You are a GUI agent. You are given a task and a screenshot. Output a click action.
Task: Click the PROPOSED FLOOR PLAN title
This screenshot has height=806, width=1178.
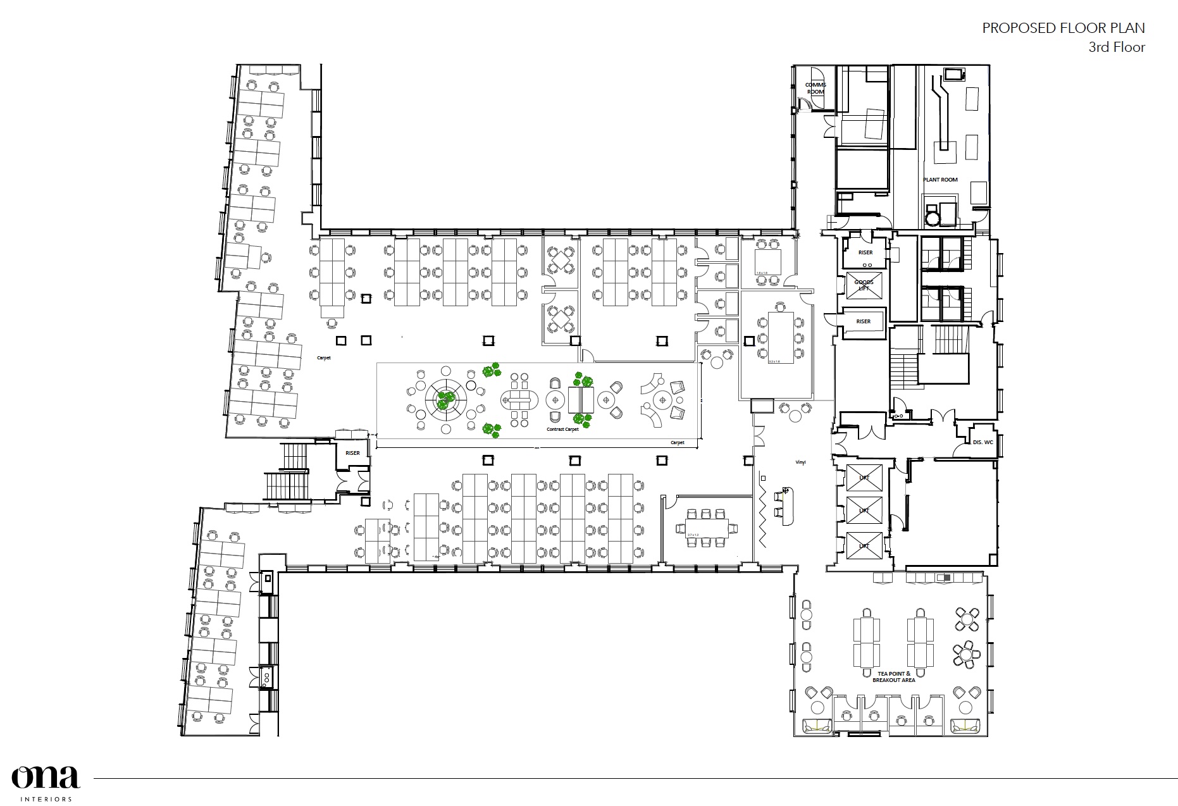pyautogui.click(x=1063, y=28)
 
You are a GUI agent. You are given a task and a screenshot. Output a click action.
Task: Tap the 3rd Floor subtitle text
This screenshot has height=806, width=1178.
pyautogui.click(x=1116, y=47)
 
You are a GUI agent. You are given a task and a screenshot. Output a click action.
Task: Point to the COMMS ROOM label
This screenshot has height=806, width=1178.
pyautogui.click(x=815, y=88)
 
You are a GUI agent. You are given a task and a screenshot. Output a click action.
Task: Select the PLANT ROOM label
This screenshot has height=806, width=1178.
pyautogui.click(x=940, y=180)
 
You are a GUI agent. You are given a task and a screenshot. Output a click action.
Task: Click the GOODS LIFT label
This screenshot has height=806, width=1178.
pyautogui.click(x=864, y=285)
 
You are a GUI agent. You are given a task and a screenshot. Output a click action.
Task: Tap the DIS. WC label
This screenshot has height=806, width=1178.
pyautogui.click(x=983, y=442)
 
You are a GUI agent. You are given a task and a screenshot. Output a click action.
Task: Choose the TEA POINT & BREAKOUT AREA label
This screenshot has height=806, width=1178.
pyautogui.click(x=893, y=676)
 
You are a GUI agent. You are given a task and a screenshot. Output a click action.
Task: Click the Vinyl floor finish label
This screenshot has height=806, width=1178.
pyautogui.click(x=800, y=462)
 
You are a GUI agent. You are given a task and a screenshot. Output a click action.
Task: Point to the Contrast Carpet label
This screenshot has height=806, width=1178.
pyautogui.click(x=562, y=429)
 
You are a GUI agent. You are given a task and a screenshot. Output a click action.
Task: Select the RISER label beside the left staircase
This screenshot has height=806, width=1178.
pyautogui.click(x=352, y=453)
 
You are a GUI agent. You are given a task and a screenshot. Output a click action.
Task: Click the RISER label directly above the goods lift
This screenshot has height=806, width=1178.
pyautogui.click(x=865, y=252)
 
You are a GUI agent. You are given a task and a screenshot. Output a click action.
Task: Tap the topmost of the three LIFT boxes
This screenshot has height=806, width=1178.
pyautogui.click(x=864, y=477)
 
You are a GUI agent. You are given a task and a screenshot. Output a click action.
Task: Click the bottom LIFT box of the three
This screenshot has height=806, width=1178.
pyautogui.click(x=864, y=545)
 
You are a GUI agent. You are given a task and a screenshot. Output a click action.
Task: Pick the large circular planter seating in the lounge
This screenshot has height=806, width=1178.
pyautogui.click(x=445, y=400)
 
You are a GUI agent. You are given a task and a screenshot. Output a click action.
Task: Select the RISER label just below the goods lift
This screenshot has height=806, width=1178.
pyautogui.click(x=863, y=321)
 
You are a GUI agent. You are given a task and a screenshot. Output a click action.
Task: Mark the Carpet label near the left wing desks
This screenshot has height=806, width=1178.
pyautogui.click(x=324, y=358)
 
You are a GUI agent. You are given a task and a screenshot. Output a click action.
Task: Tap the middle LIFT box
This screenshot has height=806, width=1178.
pyautogui.click(x=864, y=511)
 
